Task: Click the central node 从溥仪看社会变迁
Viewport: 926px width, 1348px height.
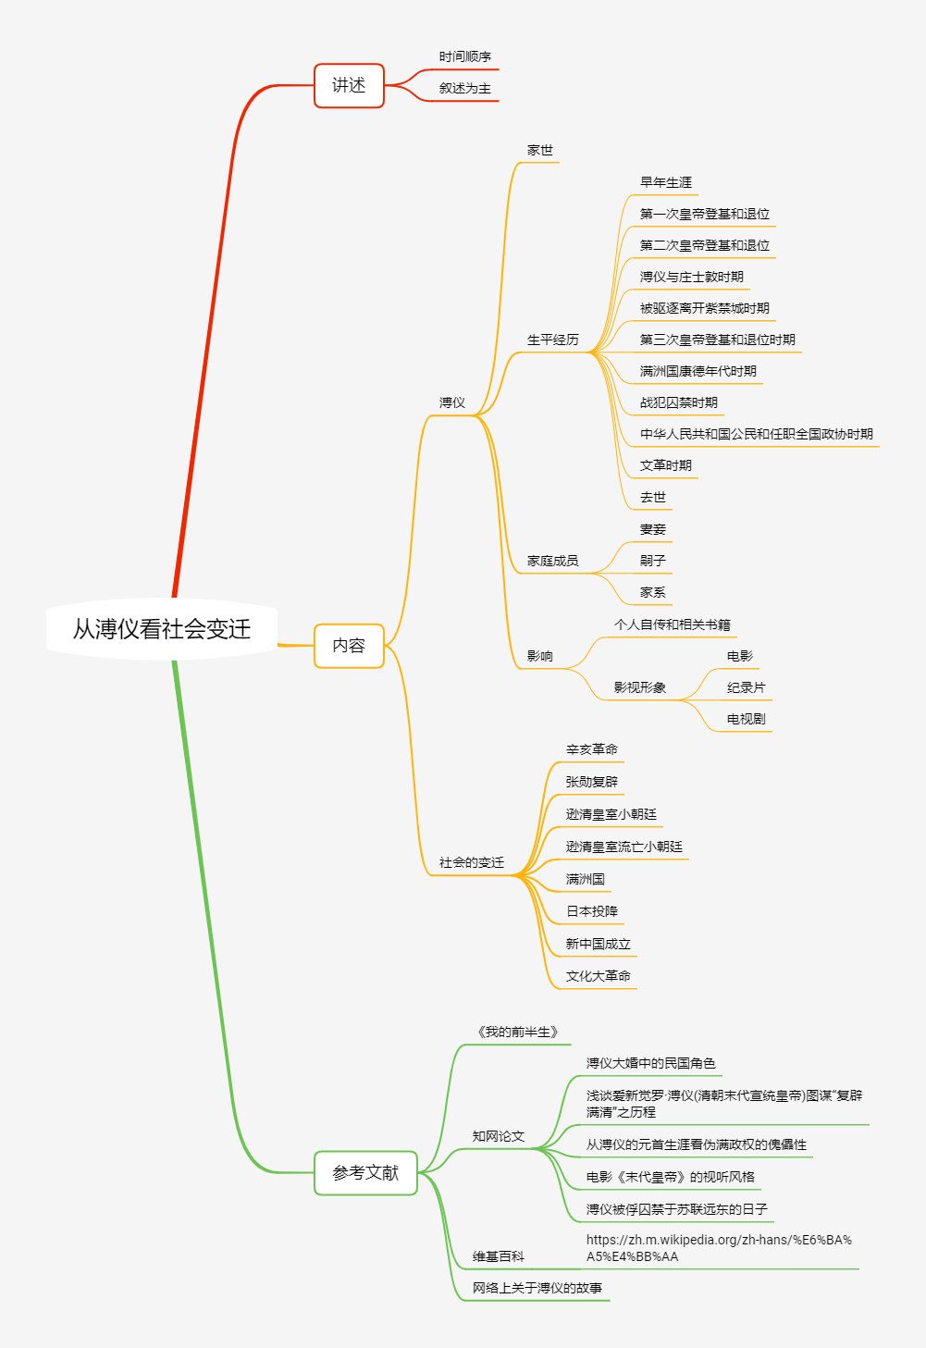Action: [162, 629]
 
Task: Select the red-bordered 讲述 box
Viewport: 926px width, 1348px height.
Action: [349, 86]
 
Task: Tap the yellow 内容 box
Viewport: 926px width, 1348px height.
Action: [349, 646]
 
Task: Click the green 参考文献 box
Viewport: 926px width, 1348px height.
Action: [365, 1173]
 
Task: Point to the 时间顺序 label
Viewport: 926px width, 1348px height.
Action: [465, 57]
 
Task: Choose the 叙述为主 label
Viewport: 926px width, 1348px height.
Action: [465, 89]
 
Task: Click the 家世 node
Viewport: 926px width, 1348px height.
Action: [540, 150]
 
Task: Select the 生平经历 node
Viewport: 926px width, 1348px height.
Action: [553, 340]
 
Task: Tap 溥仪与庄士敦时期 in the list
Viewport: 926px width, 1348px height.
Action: [692, 277]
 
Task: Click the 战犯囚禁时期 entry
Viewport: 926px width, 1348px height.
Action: [679, 402]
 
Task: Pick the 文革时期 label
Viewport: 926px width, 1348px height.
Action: [666, 465]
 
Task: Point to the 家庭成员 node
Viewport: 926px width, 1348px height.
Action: [553, 561]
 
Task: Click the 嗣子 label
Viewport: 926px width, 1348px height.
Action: [653, 561]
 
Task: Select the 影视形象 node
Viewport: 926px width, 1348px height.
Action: [640, 687]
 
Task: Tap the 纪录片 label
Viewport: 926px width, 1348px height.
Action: [746, 687]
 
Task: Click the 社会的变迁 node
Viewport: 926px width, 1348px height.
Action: [472, 862]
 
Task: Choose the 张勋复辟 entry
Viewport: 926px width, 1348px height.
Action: [592, 782]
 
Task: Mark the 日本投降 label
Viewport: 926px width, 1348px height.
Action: [592, 911]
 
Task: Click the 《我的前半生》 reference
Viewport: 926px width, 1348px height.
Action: [518, 1032]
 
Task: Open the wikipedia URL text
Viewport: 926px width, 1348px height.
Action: [719, 1248]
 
